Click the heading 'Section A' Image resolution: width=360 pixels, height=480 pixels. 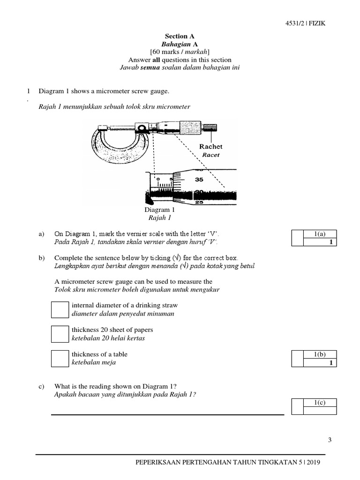coord(180,36)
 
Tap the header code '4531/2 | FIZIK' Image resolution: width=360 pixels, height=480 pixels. coord(305,25)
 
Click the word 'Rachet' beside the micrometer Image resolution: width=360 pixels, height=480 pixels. coord(211,147)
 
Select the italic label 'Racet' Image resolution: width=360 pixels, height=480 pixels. coord(210,155)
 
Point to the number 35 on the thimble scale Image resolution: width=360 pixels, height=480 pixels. coord(199,179)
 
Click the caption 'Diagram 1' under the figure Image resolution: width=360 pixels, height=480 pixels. coord(159,210)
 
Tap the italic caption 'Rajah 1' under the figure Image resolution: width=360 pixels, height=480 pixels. coord(159,218)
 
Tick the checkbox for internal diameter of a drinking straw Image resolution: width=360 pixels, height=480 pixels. coord(60,309)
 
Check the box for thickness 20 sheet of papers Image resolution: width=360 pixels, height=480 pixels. coord(60,334)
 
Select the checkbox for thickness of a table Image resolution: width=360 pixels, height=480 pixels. coord(60,359)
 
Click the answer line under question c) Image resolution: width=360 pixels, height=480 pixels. coord(167,414)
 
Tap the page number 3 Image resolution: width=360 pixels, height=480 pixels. coord(330,440)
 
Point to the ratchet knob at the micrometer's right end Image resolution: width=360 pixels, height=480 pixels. coord(209,127)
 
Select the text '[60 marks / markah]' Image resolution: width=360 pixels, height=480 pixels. coord(180,52)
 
